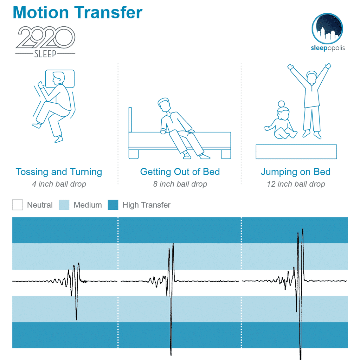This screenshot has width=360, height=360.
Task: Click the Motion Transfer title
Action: [78, 12]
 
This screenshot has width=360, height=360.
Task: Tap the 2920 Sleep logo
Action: [45, 41]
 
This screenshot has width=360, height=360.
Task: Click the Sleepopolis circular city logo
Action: [327, 29]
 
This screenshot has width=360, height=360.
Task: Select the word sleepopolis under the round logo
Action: [328, 48]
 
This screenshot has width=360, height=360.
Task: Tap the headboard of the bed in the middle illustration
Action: [130, 120]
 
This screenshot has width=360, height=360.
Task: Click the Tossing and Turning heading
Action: [59, 172]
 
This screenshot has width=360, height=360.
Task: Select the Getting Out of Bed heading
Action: [180, 172]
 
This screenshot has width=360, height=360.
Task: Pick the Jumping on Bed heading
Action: [296, 172]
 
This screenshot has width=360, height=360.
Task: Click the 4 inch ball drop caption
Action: [59, 184]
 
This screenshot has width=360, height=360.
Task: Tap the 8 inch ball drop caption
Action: [180, 184]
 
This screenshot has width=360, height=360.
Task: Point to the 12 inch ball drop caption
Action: [296, 184]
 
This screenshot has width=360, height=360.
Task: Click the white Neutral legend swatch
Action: [18, 205]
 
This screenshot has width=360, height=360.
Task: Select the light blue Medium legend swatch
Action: [64, 205]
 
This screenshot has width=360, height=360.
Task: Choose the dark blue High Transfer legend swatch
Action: [113, 205]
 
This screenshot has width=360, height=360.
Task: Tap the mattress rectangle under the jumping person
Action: [296, 152]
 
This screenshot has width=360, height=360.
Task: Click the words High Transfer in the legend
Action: [147, 205]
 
